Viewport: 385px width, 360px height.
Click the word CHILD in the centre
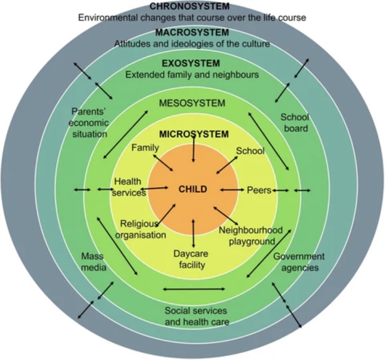pos(192,189)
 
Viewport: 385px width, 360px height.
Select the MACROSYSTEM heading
pos(192,33)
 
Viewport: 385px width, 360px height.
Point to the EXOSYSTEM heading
pos(191,64)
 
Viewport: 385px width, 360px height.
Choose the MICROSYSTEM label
pos(194,135)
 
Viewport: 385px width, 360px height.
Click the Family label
pos(145,148)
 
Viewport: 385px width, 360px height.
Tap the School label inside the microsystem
pos(250,151)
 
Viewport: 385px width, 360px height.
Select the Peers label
pos(258,190)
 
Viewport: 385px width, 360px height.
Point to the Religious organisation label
pos(141,229)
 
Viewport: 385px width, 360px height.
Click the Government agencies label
pos(299,262)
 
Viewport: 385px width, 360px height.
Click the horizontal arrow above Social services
pos(194,289)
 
